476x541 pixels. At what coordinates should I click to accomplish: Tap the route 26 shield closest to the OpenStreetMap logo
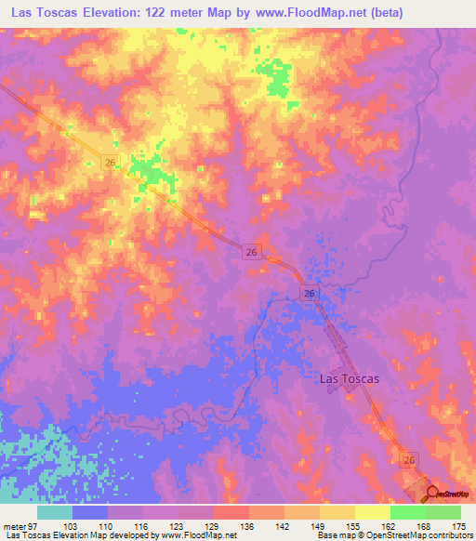point(409,459)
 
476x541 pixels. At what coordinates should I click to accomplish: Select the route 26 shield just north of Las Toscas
point(310,293)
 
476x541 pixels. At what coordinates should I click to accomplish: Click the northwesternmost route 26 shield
point(110,163)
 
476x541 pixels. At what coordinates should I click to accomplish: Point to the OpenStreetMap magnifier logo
point(432,494)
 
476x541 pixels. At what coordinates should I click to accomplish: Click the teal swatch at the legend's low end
point(55,512)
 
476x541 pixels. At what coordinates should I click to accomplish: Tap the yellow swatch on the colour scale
point(373,512)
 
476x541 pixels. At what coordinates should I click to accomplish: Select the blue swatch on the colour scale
point(90,512)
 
